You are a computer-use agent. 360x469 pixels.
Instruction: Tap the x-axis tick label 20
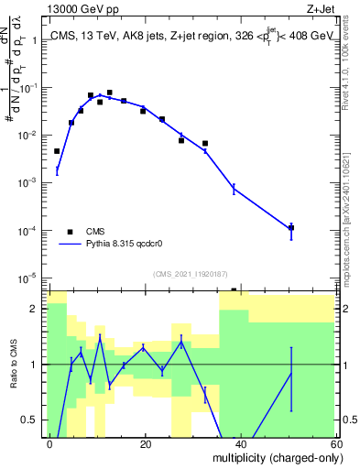point(145,443)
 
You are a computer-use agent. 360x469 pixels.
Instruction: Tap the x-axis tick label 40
point(240,443)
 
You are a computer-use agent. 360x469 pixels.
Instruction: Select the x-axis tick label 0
point(50,443)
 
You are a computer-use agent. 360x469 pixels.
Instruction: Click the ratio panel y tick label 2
point(38,309)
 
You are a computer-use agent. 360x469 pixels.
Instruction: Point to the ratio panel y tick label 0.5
point(32,420)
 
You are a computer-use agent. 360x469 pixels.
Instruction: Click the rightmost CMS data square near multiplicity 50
point(290,227)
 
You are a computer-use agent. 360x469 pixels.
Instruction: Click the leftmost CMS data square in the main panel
point(57,151)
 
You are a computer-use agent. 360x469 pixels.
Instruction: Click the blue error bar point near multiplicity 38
point(234,189)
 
